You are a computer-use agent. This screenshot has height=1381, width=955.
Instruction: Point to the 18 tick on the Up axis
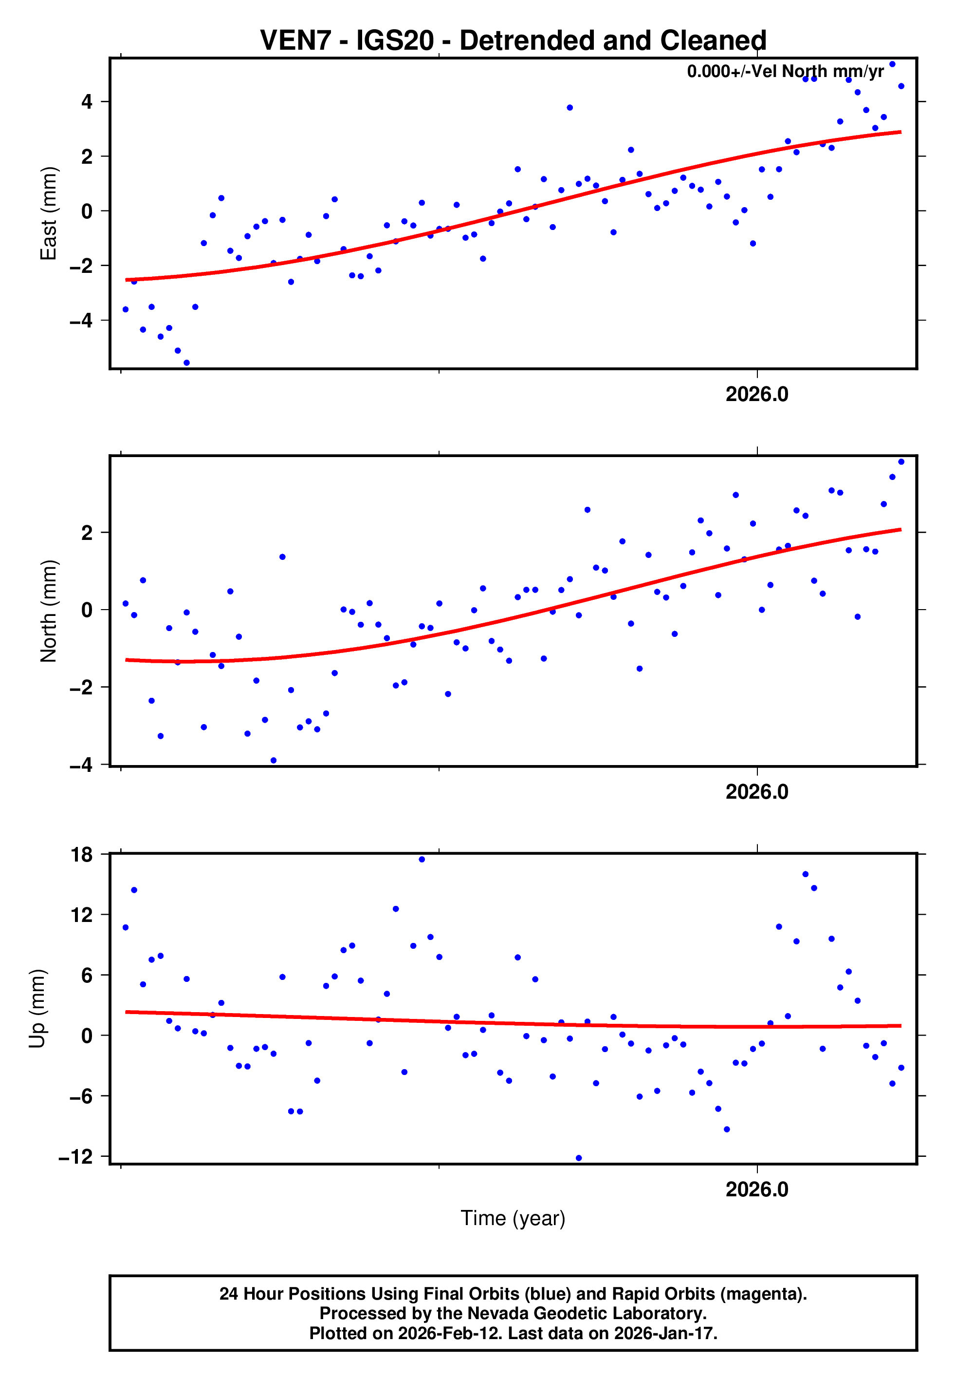pos(82,855)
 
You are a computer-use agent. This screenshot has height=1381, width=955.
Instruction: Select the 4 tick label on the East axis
pos(87,102)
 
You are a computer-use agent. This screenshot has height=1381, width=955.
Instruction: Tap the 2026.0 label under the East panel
pos(757,394)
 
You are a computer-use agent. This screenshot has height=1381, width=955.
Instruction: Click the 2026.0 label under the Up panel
pos(757,1189)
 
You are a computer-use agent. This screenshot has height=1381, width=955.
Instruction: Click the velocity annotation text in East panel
pos(785,71)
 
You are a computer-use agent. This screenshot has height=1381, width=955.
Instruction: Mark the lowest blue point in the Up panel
pos(579,1158)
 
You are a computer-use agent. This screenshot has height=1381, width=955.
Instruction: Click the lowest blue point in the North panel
pos(274,761)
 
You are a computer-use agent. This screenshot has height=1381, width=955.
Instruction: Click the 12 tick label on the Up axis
pos(82,915)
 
